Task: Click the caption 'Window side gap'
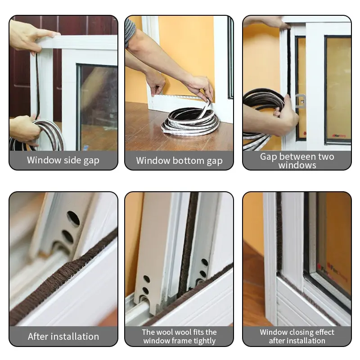(63, 160)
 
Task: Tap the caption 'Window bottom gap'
(179, 161)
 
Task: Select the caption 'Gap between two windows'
(297, 161)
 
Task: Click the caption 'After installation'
(63, 336)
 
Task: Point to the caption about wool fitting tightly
(179, 336)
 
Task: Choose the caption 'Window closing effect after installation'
(297, 336)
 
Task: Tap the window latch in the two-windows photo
(300, 100)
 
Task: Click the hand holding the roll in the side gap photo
(24, 129)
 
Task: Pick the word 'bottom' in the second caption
(189, 161)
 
